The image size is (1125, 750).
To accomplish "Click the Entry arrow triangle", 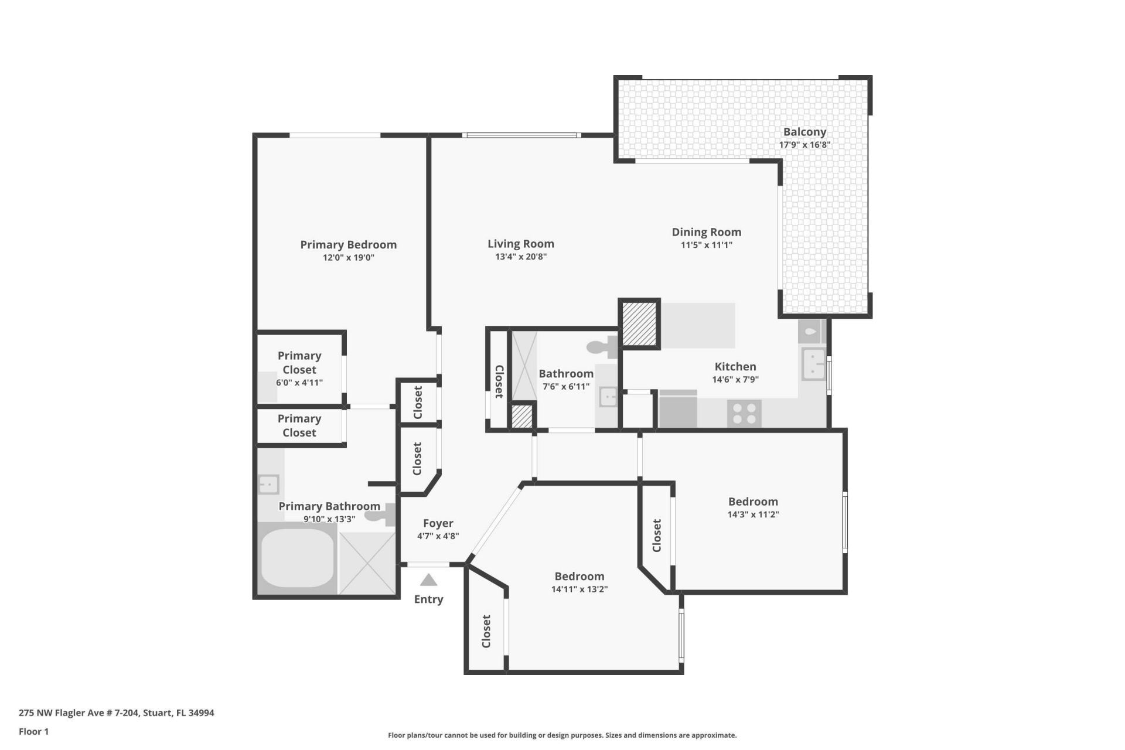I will tap(428, 580).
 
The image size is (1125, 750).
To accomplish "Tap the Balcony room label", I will tap(804, 132).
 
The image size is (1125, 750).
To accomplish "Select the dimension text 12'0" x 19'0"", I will tap(348, 257).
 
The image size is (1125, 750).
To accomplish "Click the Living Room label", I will tap(520, 244).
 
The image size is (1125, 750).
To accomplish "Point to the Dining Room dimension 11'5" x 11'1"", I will tap(706, 245).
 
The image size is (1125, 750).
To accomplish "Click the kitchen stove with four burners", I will tap(744, 413).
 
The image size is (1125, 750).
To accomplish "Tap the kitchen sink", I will tap(813, 364).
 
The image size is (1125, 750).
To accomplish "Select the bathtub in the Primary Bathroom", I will tap(296, 558).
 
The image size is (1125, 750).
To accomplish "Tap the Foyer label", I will tap(438, 523).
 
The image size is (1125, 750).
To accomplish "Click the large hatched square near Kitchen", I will tap(639, 323).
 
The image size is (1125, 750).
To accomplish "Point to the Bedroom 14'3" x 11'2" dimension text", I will tap(753, 514).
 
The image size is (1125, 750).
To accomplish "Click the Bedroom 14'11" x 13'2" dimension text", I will tap(579, 589).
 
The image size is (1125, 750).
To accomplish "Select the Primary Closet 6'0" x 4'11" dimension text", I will tap(299, 383).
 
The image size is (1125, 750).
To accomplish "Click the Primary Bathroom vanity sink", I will tap(268, 485).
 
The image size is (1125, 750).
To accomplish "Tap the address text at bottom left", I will tap(116, 713).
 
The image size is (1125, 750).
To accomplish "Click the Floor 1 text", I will tap(33, 731).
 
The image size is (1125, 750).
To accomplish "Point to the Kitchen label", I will tap(735, 367).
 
